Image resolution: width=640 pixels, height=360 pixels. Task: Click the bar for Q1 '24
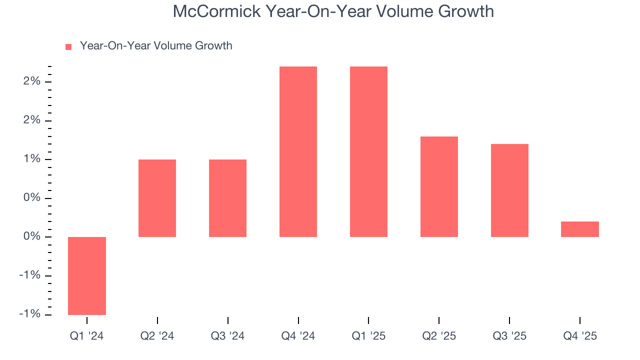[87, 276]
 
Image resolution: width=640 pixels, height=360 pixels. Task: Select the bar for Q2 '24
[157, 198]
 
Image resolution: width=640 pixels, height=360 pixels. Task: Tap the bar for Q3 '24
[227, 198]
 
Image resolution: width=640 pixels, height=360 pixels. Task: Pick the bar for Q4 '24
[298, 151]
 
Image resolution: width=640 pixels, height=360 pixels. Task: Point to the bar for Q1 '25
[368, 151]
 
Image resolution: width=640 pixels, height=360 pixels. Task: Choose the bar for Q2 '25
[439, 186]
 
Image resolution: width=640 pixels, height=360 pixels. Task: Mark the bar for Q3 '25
[509, 190]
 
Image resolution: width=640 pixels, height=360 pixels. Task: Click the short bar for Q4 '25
[580, 229]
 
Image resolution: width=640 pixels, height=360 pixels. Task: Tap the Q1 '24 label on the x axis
[87, 336]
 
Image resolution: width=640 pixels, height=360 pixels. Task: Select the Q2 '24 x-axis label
[157, 336]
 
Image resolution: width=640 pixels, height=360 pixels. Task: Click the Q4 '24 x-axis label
[298, 336]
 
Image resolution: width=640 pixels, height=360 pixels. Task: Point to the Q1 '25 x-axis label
[368, 336]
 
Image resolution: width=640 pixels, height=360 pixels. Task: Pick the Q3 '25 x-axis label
[509, 336]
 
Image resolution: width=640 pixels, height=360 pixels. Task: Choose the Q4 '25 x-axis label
[580, 336]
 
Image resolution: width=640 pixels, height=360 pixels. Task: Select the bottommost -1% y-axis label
[30, 314]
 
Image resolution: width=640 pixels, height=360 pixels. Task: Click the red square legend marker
[69, 46]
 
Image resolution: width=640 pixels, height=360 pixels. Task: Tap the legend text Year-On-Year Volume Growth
[156, 46]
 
